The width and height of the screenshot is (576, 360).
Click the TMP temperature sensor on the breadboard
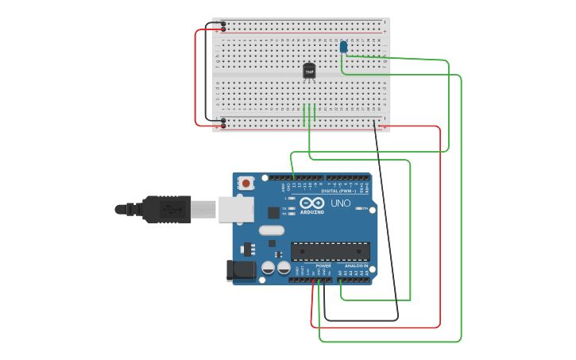pyautogui.click(x=309, y=71)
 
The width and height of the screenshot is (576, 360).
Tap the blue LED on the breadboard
pyautogui.click(x=343, y=47)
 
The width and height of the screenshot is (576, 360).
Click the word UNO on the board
pyautogui.click(x=340, y=203)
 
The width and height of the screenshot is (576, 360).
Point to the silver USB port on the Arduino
pyautogui.click(x=236, y=209)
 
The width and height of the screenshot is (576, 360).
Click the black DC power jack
pyautogui.click(x=242, y=270)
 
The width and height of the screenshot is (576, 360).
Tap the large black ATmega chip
pyautogui.click(x=330, y=251)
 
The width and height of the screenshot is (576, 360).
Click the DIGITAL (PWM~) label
pyautogui.click(x=339, y=191)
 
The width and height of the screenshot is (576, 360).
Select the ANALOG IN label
pyautogui.click(x=355, y=265)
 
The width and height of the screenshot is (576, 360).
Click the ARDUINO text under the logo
pyautogui.click(x=311, y=212)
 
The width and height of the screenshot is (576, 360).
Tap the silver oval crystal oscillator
pyautogui.click(x=271, y=230)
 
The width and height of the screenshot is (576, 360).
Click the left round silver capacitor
pyautogui.click(x=269, y=268)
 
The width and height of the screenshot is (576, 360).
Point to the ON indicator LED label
pyautogui.click(x=362, y=209)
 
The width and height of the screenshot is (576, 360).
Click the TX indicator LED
pyautogui.click(x=292, y=208)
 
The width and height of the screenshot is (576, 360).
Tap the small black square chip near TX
pyautogui.click(x=273, y=212)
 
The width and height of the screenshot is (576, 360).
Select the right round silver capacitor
pyautogui.click(x=283, y=268)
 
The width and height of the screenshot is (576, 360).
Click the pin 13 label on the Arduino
pyautogui.click(x=293, y=186)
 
